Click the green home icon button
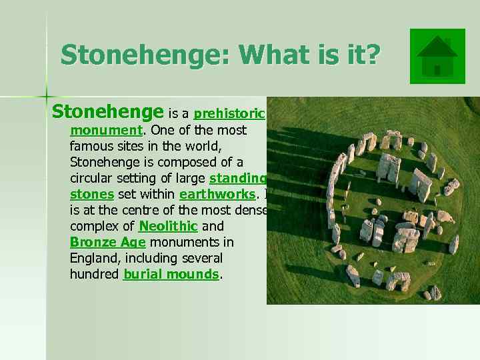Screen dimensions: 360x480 pos(437,56)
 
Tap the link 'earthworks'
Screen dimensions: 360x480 pos(217,194)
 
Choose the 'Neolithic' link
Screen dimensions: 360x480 pos(168,226)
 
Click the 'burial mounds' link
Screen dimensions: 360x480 pos(171,274)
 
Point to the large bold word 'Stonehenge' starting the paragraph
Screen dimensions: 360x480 pos(107,111)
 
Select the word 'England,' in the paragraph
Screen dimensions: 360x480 pos(95,258)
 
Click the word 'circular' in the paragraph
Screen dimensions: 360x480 pos(91,178)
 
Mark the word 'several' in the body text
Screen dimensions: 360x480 pos(202,258)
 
